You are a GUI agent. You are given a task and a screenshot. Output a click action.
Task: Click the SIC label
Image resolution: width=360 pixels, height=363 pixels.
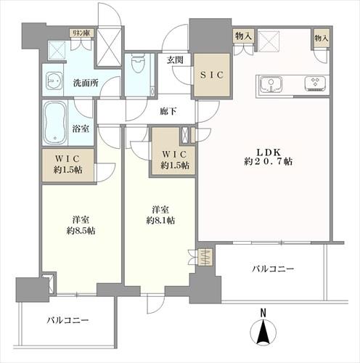click(x=210, y=75)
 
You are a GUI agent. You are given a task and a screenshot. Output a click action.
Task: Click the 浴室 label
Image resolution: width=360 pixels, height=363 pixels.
click(x=82, y=128)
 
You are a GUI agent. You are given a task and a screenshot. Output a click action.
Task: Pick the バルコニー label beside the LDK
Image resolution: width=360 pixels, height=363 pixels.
click(x=273, y=268)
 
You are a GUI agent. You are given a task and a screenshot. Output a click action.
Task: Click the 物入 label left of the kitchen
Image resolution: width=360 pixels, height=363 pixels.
click(x=242, y=36)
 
